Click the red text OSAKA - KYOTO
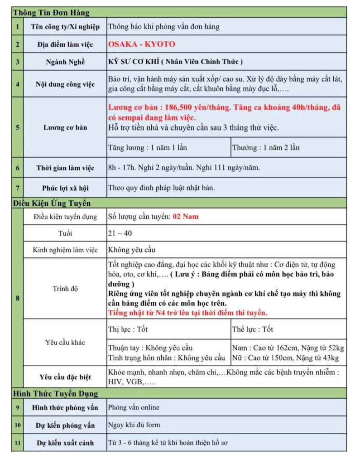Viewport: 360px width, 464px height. coord(142,44)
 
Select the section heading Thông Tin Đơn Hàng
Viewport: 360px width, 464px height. coord(51,13)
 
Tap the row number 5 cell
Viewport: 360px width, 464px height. coord(18,127)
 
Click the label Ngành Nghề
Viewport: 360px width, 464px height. coord(65,62)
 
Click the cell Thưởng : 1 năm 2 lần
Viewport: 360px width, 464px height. coord(265,147)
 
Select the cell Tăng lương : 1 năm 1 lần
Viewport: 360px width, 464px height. coord(148,147)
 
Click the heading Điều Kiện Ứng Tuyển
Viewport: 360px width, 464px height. coord(52,203)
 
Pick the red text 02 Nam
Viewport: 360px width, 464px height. coord(186,217)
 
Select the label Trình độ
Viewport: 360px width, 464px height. coord(65,289)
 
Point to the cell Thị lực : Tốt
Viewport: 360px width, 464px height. coord(129,329)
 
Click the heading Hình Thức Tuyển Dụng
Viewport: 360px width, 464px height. coord(55,393)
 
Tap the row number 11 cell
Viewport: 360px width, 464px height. coord(18,442)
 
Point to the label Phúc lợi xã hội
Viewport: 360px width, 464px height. coord(65,187)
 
